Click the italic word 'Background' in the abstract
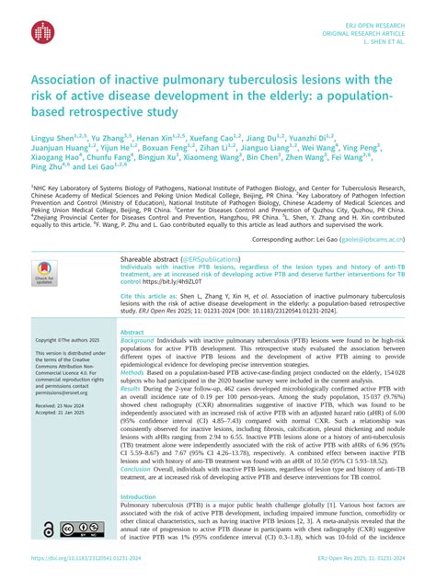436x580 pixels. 137,340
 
